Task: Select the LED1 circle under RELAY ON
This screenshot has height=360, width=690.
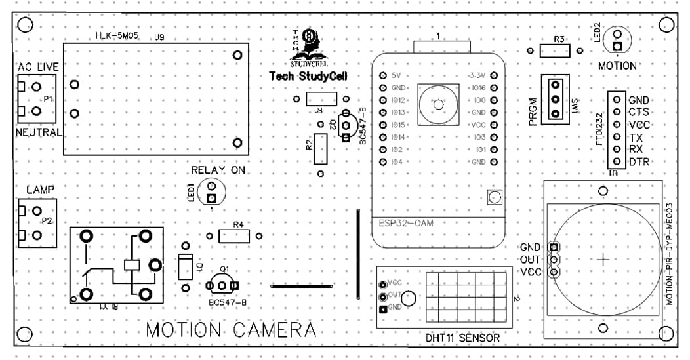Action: pos(211,191)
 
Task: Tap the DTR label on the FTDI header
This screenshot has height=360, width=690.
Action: pos(639,162)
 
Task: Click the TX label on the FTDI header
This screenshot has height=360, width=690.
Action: pos(635,138)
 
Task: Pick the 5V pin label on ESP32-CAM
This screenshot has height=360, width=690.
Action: pos(395,75)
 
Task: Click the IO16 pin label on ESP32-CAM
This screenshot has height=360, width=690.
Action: pos(477,87)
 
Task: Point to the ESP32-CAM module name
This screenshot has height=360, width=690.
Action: pos(406,223)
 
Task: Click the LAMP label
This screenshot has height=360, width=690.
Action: pos(40,190)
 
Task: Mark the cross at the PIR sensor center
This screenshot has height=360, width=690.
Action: pos(603,260)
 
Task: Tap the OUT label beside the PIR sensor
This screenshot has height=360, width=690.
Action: pos(530,260)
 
